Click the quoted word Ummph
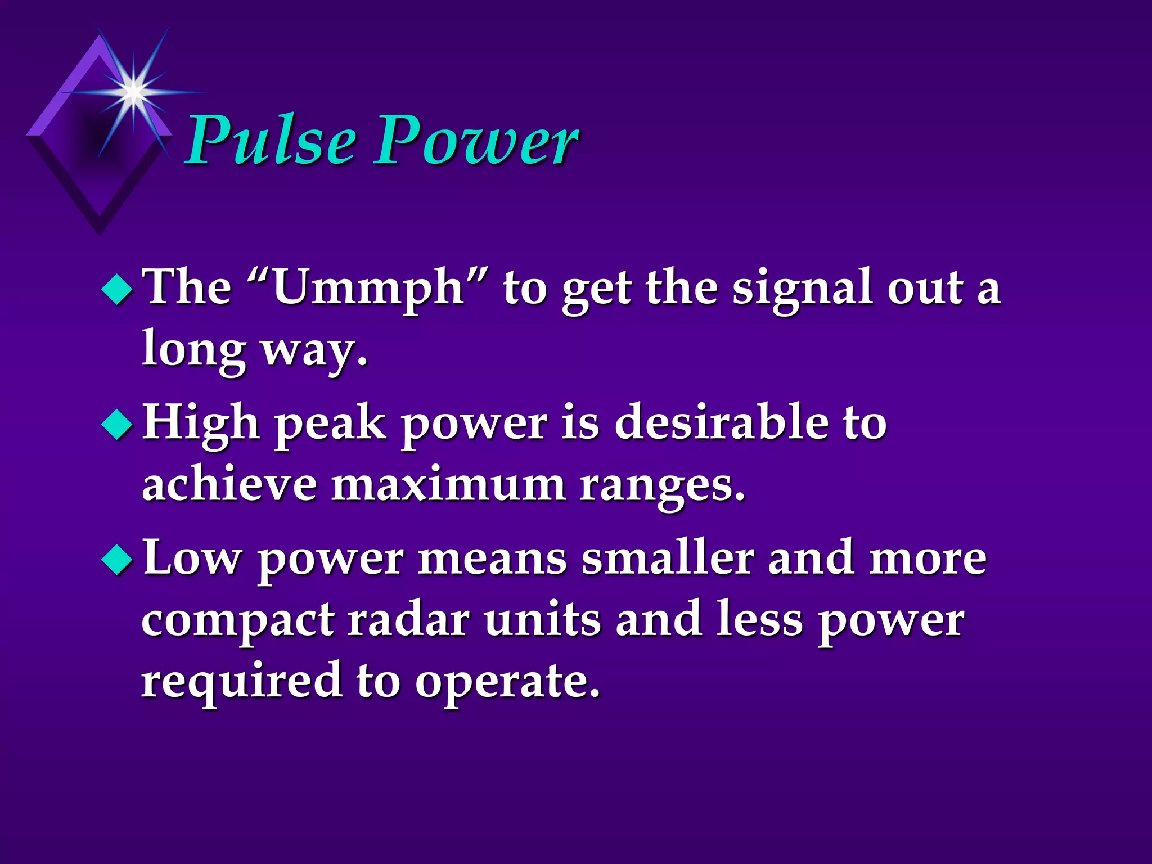tap(368, 288)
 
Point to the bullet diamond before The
tap(117, 289)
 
